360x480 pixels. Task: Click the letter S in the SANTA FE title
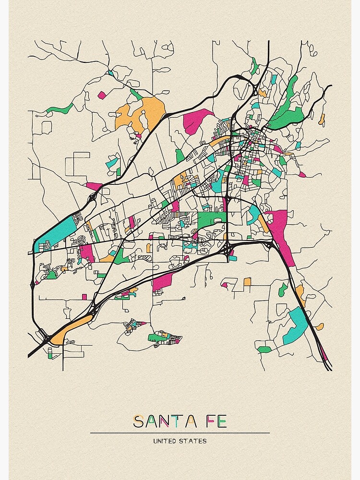(139, 422)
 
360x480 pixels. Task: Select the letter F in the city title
(207, 422)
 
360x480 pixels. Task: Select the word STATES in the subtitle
(195, 441)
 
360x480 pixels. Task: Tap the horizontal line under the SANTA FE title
(180, 433)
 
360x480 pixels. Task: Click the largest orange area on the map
(142, 113)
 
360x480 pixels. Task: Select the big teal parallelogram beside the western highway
(55, 233)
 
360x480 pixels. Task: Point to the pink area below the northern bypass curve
(197, 120)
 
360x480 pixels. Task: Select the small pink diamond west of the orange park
(101, 95)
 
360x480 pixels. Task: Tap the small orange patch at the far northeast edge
(322, 120)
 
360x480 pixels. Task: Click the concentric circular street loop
(82, 239)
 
